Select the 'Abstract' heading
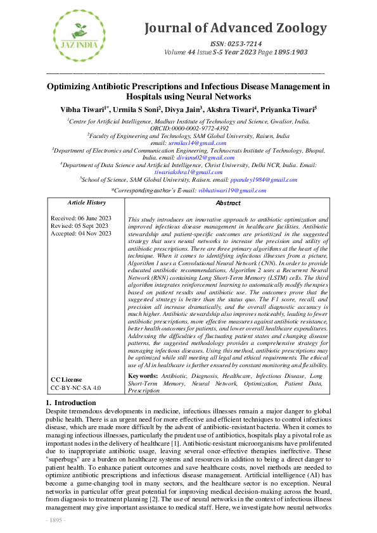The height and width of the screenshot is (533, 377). [x=228, y=203]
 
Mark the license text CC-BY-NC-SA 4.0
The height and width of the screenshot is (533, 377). [x=75, y=387]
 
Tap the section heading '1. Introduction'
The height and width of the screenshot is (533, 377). [x=72, y=403]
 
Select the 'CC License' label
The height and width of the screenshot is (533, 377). [x=67, y=379]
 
